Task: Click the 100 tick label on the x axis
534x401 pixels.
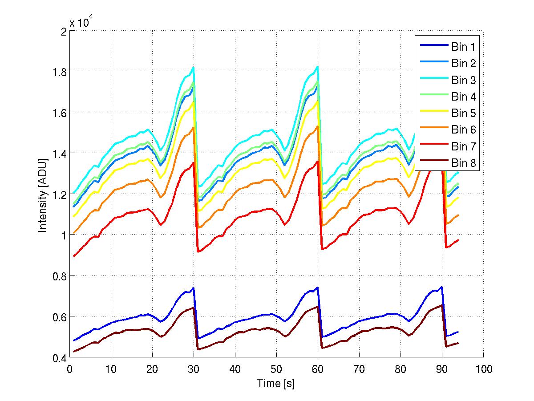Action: tap(483, 369)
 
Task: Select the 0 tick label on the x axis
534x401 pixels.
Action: tap(70, 369)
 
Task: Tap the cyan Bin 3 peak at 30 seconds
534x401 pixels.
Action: tap(194, 67)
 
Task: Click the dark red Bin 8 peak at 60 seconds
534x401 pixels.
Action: tap(317, 307)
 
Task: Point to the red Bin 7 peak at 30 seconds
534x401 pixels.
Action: tap(194, 162)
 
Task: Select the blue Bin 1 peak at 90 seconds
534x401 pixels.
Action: tap(441, 287)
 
